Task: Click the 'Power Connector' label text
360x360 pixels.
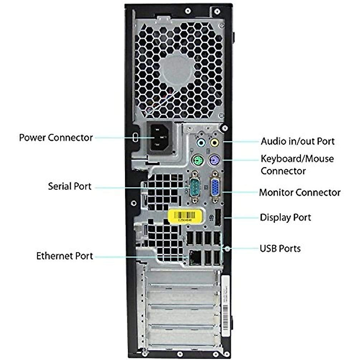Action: (56, 138)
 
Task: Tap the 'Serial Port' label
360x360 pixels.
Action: (70, 186)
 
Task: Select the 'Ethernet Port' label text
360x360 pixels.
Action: (64, 256)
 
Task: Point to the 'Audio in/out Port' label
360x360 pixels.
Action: (297, 141)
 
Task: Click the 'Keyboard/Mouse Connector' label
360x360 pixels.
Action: (297, 165)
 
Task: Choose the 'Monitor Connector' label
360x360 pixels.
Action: (299, 192)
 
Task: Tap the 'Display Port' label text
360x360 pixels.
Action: (285, 217)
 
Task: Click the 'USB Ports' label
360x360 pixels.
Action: (280, 248)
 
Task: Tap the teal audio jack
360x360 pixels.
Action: (200, 142)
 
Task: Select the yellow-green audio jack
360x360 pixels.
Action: (214, 142)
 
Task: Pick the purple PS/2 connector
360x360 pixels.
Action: (214, 160)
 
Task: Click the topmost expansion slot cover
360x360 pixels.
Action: (181, 276)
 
